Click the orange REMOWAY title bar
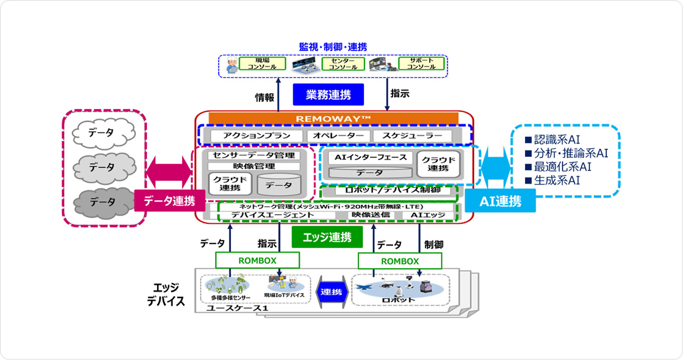333,118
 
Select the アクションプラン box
256,136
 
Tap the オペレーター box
338,136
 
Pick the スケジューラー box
412,136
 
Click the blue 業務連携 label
328,95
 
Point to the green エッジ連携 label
327,237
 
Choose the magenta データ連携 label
169,201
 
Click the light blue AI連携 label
500,201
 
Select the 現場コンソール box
262,64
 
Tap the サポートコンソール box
421,64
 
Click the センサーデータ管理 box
254,155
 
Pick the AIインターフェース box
370,157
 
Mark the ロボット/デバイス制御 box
393,190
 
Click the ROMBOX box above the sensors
257,260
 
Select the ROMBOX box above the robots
400,261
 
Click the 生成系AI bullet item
553,180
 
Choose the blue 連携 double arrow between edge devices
331,292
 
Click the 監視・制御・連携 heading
333,47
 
